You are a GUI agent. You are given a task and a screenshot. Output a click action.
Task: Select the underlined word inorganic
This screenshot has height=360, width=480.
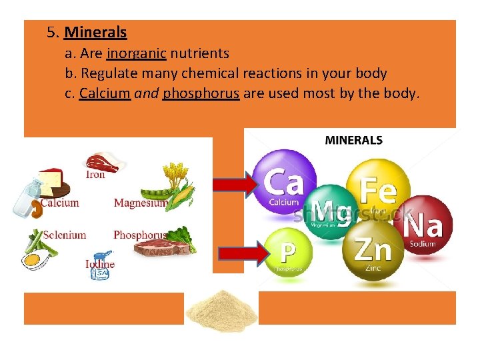pyautogui.click(x=137, y=53)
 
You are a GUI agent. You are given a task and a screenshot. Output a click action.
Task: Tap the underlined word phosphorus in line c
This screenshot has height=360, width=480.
pyautogui.click(x=201, y=93)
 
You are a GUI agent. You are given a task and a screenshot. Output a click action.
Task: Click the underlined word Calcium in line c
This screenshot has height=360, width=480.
pyautogui.click(x=104, y=93)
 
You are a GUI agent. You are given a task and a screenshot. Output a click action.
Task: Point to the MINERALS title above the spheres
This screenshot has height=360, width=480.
pyautogui.click(x=353, y=141)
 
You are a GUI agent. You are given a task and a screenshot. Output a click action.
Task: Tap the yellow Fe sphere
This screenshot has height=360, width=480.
pyautogui.click(x=377, y=189)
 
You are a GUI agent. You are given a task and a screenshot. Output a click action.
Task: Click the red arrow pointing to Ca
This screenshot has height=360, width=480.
pyautogui.click(x=237, y=183)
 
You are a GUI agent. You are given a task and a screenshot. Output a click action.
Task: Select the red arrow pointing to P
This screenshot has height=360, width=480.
pyautogui.click(x=243, y=253)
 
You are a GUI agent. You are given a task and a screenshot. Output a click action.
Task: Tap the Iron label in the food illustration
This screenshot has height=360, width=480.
pyautogui.click(x=95, y=175)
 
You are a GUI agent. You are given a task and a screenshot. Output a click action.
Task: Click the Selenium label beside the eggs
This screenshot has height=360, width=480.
pyautogui.click(x=65, y=235)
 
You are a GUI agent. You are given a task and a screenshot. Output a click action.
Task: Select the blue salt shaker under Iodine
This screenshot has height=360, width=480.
pyautogui.click(x=101, y=267)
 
